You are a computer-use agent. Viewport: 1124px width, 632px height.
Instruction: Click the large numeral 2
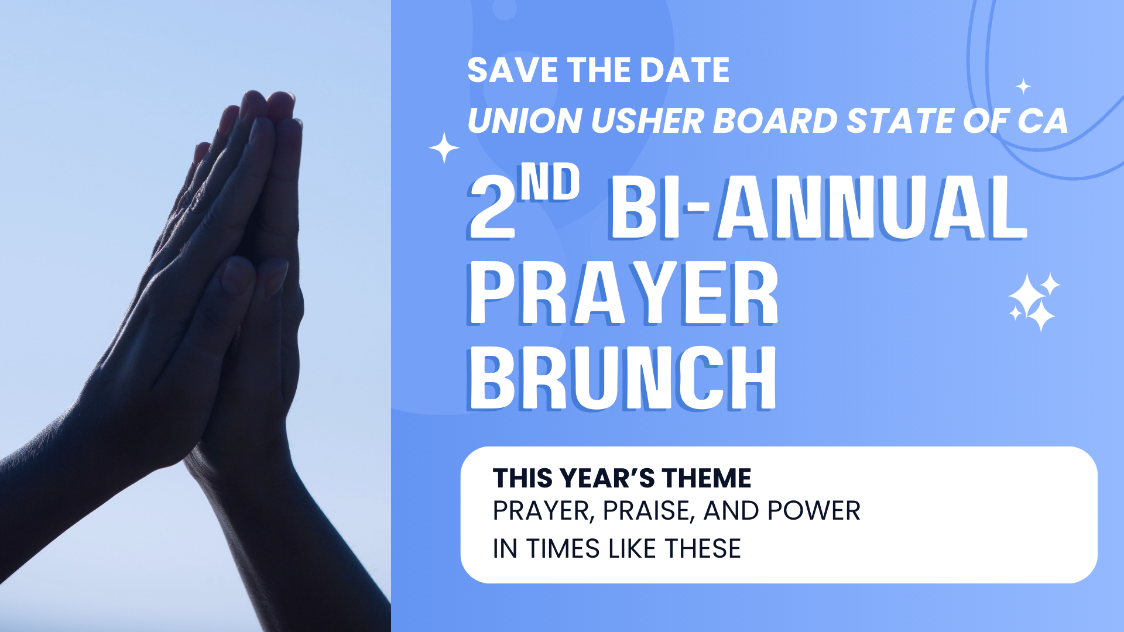pos(492,208)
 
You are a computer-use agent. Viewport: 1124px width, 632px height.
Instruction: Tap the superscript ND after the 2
pos(550,182)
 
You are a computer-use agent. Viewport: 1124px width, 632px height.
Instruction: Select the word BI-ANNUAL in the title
pos(818,208)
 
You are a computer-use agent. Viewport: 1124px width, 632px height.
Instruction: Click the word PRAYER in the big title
pos(623,293)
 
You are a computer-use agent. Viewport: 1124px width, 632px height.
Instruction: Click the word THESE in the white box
pos(703,549)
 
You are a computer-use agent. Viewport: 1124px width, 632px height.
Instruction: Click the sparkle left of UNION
pos(444,147)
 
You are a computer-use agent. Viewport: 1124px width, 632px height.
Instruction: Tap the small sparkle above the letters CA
pos(1023,87)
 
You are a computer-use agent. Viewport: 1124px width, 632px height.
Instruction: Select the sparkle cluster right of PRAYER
pos(1034,302)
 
